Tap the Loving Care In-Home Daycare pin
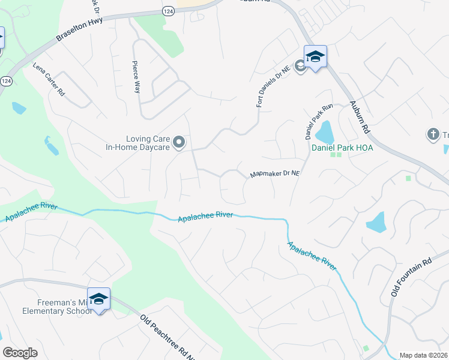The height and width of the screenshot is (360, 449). (x=179, y=143)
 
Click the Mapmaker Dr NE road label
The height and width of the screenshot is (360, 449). (x=274, y=174)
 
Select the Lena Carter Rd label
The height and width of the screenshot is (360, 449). (x=49, y=79)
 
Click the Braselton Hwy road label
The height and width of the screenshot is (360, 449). (x=80, y=29)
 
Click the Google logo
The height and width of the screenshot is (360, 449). (x=20, y=353)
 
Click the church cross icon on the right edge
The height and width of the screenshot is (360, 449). (x=433, y=134)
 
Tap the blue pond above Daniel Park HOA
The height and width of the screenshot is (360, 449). (x=324, y=132)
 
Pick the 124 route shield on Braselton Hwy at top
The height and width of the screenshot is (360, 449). (x=169, y=11)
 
